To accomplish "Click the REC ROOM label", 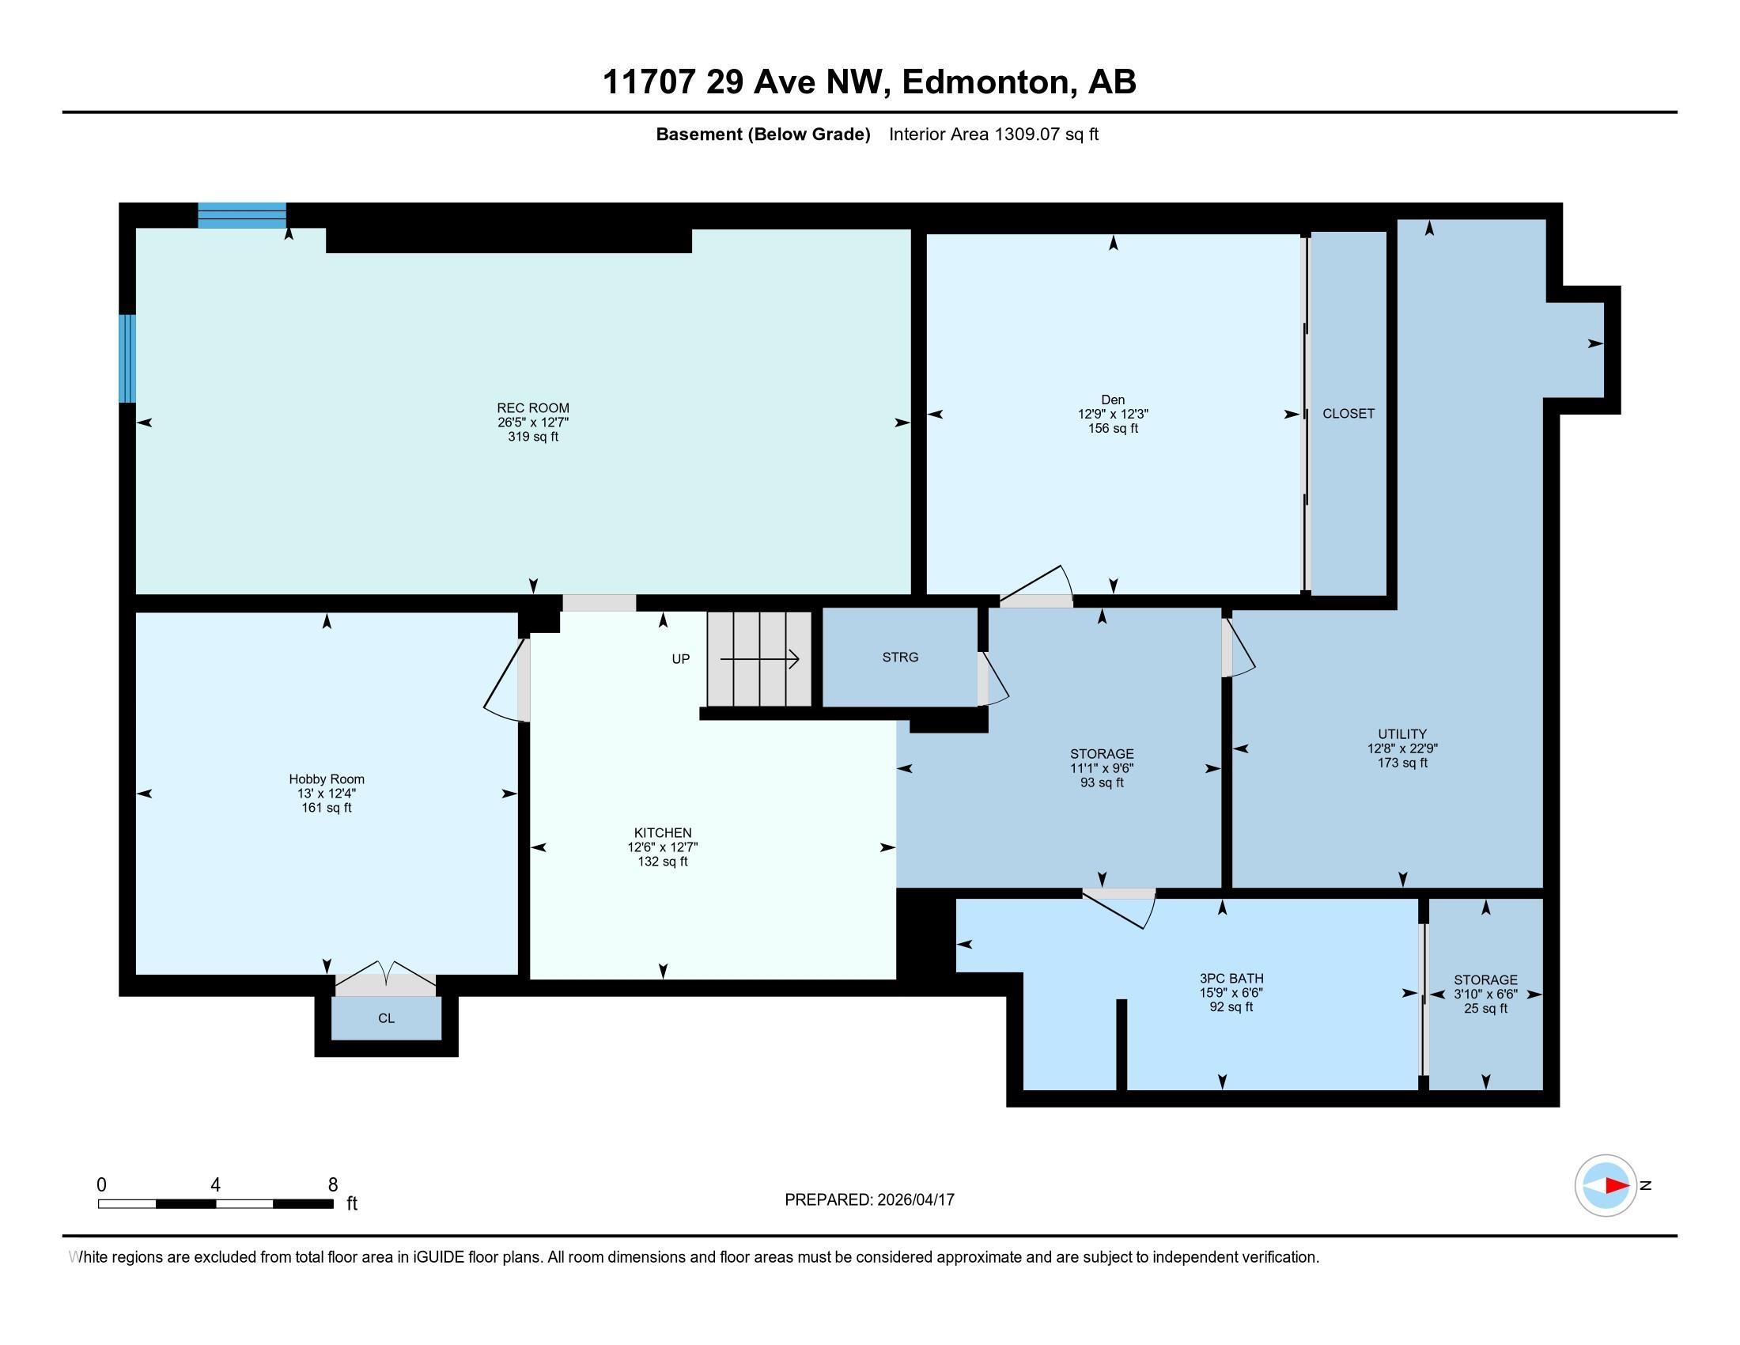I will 532,408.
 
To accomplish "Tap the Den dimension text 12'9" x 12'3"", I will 1112,415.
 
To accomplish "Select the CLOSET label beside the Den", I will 1348,414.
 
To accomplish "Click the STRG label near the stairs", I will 899,657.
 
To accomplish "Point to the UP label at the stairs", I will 680,659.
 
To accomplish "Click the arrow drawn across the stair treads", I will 759,659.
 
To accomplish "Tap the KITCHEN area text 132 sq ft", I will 662,862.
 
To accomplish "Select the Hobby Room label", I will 326,779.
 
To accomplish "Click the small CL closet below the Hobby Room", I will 387,1018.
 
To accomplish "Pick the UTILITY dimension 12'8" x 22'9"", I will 1401,748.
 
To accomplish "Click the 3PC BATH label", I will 1231,979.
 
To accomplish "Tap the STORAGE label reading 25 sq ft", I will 1485,1008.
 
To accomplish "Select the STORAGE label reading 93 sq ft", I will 1101,782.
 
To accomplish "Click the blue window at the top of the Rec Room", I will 241,215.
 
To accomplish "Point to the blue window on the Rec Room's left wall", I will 127,358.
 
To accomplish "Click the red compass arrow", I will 1616,1186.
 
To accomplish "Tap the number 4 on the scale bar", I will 215,1185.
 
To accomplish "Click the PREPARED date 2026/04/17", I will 914,1200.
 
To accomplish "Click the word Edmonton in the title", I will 985,82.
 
